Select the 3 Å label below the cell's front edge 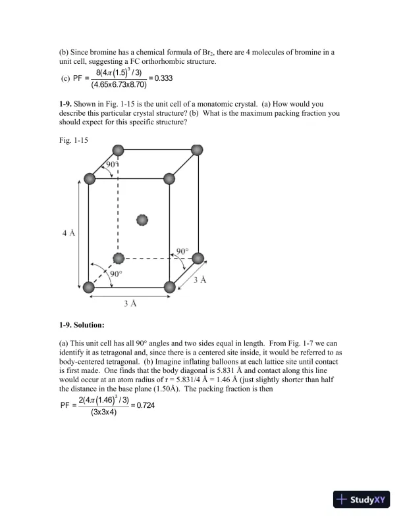(130, 303)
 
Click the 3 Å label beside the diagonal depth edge (200, 280)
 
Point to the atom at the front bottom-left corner (89, 286)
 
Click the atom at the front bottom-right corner (169, 286)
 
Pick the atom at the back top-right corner (196, 149)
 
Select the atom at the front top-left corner (90, 178)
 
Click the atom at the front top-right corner (169, 178)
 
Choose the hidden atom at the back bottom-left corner (118, 257)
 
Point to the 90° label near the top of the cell (112, 164)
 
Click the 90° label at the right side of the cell (182, 251)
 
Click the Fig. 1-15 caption (73, 140)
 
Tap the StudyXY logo (362, 499)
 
